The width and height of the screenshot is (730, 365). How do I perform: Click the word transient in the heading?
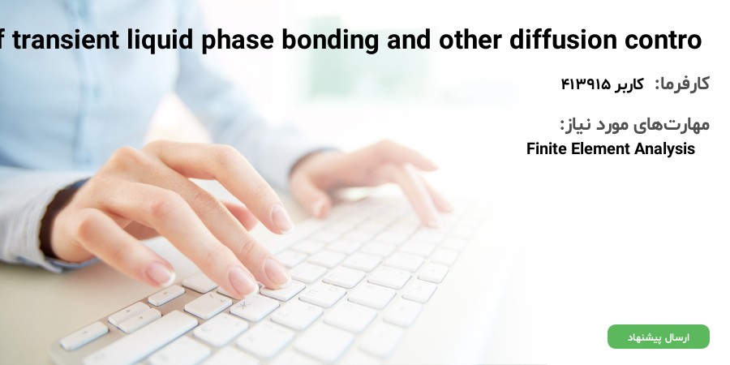point(65,40)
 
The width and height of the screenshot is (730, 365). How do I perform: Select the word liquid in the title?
point(160,41)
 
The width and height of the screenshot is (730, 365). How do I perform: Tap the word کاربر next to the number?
point(629,85)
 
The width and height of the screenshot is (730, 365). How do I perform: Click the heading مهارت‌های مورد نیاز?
point(634,124)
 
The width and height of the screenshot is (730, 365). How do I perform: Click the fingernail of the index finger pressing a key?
point(243,281)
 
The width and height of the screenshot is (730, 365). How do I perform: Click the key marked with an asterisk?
point(254,307)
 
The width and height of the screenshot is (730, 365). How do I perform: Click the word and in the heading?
point(408,40)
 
